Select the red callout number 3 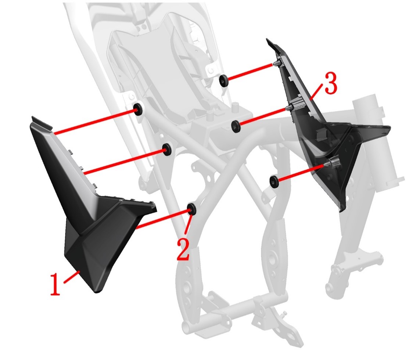(x=330, y=83)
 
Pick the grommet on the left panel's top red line (x=138, y=109)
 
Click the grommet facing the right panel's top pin (x=223, y=80)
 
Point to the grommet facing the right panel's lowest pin (x=274, y=181)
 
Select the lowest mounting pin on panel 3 (x=331, y=163)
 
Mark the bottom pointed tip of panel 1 (x=96, y=291)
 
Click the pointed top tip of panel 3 (x=267, y=40)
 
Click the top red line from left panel (x=96, y=122)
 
